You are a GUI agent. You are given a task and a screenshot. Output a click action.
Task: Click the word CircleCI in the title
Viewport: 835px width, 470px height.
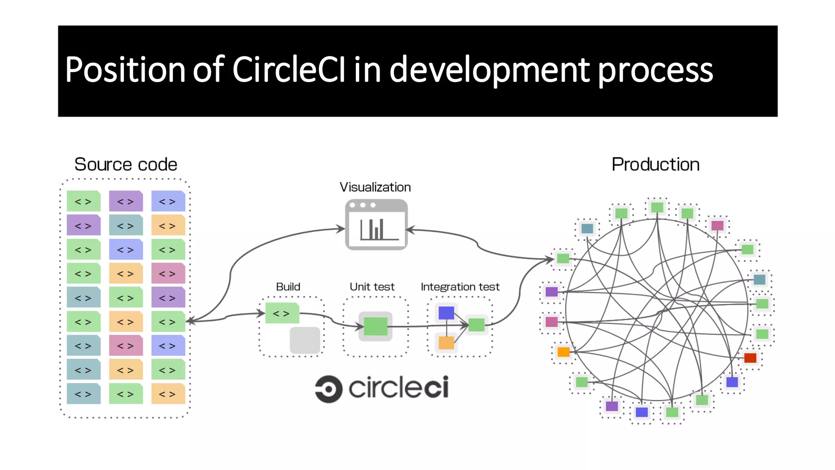(289, 70)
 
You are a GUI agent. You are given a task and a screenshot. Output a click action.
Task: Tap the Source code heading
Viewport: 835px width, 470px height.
(126, 165)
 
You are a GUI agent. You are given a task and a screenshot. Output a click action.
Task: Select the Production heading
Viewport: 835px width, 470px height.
(655, 165)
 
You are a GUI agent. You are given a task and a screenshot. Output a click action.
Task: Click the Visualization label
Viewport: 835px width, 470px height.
(375, 187)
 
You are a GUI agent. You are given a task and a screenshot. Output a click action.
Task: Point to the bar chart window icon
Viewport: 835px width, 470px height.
(376, 225)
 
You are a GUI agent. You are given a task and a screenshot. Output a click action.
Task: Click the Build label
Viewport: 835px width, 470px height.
(288, 287)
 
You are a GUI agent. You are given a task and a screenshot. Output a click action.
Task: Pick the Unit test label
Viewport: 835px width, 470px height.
(372, 287)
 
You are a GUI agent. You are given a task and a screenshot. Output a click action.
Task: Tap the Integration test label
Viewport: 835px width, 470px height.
(460, 287)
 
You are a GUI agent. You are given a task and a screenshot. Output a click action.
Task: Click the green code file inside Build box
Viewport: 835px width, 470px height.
(282, 313)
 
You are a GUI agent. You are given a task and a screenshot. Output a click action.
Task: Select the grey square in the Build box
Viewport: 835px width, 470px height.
(305, 340)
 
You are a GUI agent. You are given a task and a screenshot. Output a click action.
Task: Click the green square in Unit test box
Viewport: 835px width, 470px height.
(375, 326)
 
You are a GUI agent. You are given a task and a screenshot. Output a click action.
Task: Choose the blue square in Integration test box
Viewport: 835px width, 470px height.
(446, 313)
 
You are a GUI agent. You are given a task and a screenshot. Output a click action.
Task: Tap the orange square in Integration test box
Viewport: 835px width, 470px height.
(446, 342)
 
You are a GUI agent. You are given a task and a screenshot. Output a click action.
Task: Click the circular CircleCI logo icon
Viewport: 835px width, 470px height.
(329, 389)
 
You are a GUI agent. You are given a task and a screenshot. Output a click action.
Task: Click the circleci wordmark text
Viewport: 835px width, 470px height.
(398, 387)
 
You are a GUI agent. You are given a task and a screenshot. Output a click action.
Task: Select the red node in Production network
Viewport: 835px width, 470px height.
(750, 358)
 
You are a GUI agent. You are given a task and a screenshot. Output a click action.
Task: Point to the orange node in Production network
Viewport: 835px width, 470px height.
(563, 351)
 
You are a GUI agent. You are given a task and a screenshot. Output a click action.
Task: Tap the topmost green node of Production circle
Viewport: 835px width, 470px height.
(657, 207)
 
